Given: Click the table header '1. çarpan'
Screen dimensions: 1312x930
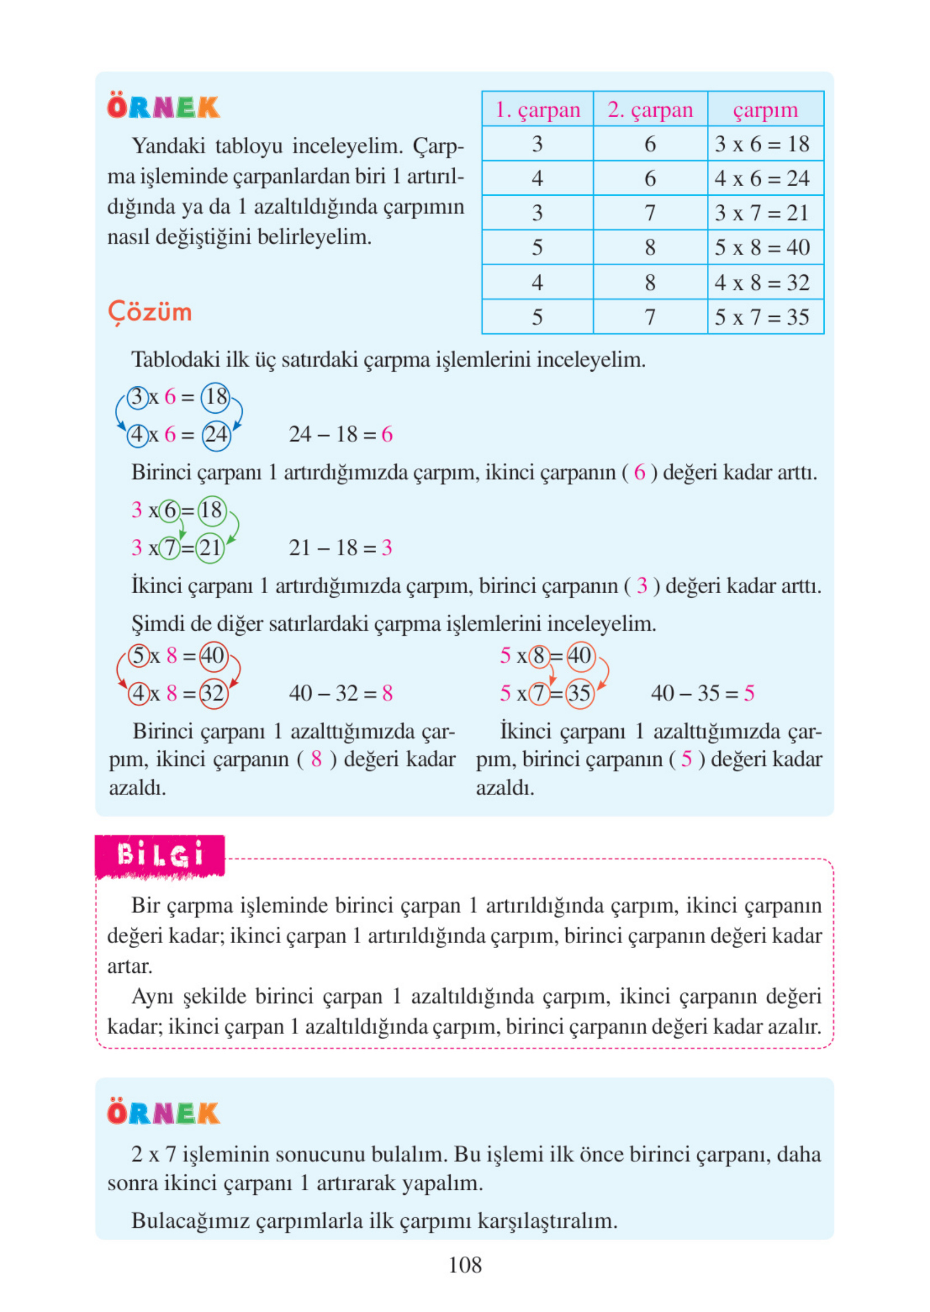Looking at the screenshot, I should (537, 109).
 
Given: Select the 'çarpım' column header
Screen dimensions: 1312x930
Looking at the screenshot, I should (765, 109).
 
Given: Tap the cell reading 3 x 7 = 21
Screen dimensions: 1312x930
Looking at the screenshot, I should (762, 213).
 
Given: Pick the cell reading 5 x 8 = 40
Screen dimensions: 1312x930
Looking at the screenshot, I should (762, 247).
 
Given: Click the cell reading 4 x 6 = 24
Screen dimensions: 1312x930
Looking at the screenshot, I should (762, 179).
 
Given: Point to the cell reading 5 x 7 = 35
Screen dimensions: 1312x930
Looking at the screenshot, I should (762, 317).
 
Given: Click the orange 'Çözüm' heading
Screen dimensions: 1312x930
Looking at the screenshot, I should (150, 313).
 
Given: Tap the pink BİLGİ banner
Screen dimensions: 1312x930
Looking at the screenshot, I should (160, 855).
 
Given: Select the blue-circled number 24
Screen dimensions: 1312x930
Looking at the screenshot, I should (216, 435).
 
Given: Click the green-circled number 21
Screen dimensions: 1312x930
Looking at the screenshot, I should (210, 548).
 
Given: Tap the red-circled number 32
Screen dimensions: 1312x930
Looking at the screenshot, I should (213, 694).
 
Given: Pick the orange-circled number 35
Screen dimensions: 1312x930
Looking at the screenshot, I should (579, 694).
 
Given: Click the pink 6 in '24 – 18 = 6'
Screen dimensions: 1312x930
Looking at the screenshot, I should (387, 435).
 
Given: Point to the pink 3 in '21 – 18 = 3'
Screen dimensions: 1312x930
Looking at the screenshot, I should (387, 548).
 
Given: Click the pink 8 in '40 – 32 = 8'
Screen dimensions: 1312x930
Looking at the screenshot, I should (388, 694).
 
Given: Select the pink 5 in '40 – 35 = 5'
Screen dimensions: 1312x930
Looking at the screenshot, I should (749, 694).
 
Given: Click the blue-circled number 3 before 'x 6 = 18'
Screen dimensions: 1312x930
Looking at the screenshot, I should (137, 396).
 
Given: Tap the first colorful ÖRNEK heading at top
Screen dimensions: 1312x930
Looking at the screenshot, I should (163, 107).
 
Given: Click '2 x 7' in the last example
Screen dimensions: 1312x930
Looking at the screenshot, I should (153, 1154).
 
